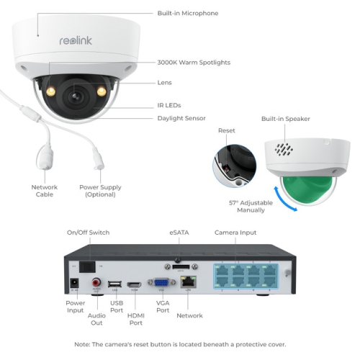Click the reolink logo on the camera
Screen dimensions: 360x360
(76, 41)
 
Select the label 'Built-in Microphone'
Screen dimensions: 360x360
(187, 14)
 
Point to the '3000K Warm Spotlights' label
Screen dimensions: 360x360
(194, 63)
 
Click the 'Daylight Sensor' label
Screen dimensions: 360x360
(181, 118)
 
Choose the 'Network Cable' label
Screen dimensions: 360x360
(44, 191)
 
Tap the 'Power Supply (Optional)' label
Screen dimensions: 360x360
(100, 191)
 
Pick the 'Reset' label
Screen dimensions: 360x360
(227, 131)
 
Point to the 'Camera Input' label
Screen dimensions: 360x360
(235, 233)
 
